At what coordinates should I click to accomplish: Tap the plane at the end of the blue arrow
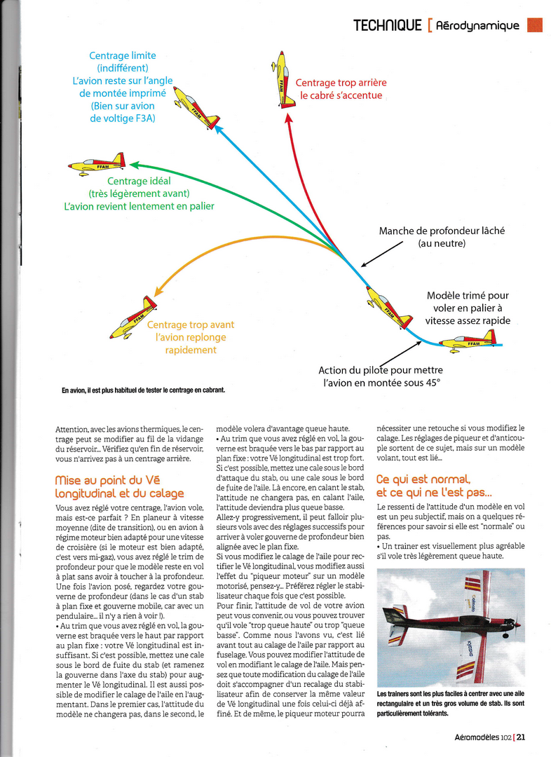click(196, 107)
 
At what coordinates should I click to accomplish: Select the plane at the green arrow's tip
click(97, 165)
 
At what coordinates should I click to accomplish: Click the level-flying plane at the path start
click(468, 342)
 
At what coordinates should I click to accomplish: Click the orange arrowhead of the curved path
click(160, 289)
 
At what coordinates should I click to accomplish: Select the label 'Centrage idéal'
click(139, 182)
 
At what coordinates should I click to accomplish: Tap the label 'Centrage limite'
click(123, 55)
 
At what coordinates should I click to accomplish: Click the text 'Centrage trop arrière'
click(341, 83)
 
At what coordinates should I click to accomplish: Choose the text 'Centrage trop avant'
click(191, 325)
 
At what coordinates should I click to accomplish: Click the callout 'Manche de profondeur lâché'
click(442, 231)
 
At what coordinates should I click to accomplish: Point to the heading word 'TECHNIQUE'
click(386, 26)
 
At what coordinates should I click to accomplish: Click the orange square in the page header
click(535, 26)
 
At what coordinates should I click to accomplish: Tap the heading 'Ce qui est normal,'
click(423, 479)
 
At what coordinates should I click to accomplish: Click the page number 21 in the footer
click(521, 737)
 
